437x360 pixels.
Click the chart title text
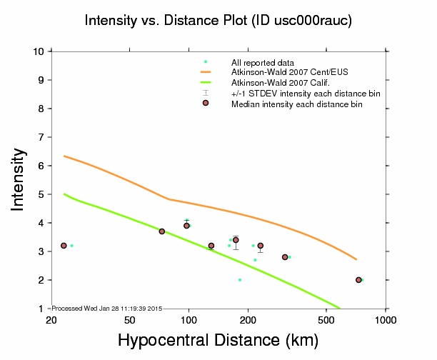pos(218,21)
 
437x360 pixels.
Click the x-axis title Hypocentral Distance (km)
pos(218,342)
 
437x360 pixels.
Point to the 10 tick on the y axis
pos(40,51)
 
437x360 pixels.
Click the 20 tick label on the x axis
pos(51,319)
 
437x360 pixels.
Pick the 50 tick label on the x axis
pos(129,319)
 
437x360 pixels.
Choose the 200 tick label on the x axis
pos(248,319)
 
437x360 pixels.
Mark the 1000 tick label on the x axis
pos(386,319)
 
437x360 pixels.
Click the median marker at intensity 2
pos(358,280)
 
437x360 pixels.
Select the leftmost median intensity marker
pos(64,246)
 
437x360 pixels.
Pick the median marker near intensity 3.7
pos(162,231)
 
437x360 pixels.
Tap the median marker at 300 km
pos(285,257)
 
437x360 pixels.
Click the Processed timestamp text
pos(108,308)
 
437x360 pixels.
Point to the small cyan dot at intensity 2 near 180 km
pos(240,280)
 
